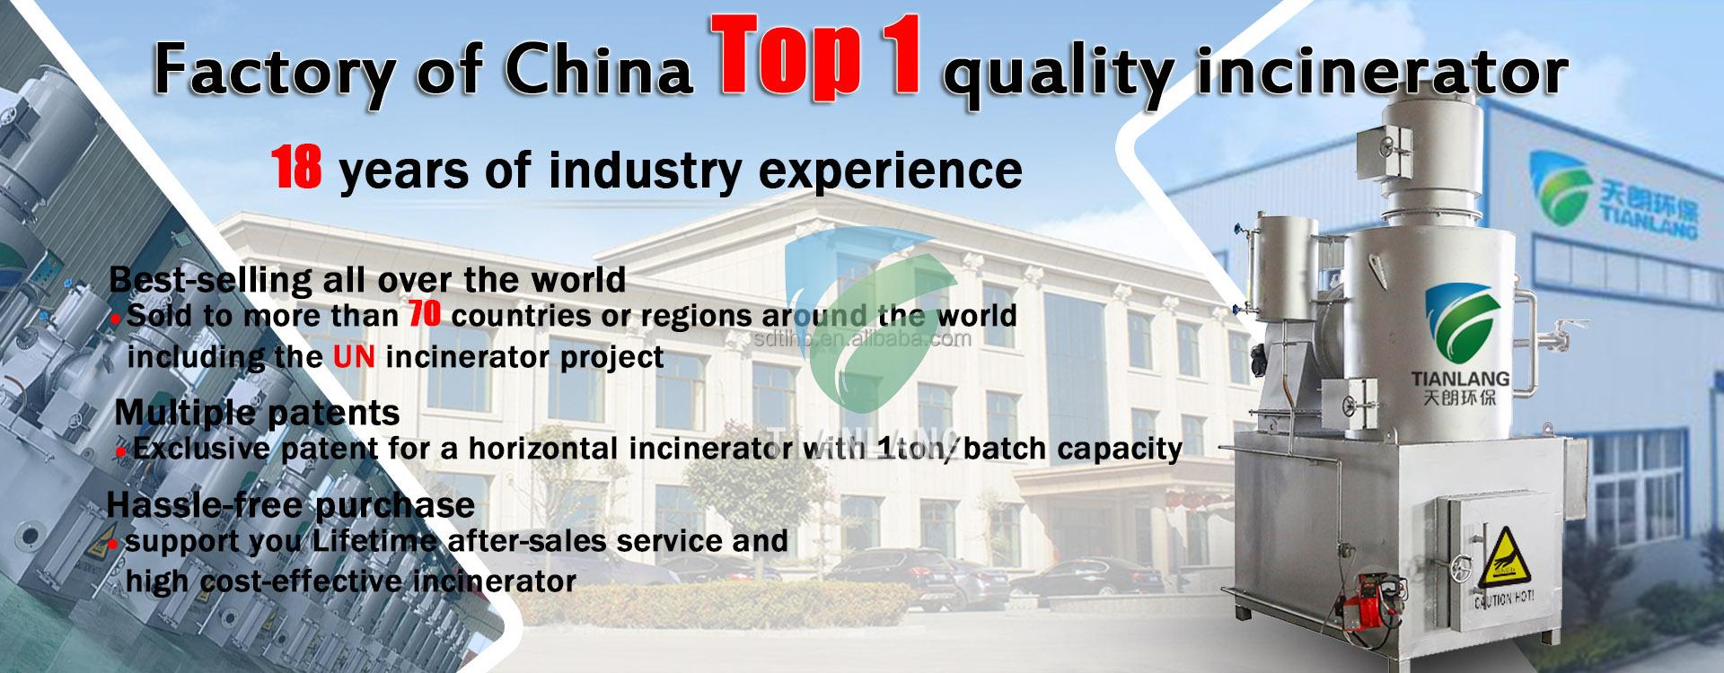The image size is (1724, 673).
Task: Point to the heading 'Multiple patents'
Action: tap(257, 412)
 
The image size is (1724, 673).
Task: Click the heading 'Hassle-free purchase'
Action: tap(290, 504)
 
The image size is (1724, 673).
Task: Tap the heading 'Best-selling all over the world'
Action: tap(367, 279)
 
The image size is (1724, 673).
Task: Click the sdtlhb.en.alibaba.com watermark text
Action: tap(861, 338)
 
